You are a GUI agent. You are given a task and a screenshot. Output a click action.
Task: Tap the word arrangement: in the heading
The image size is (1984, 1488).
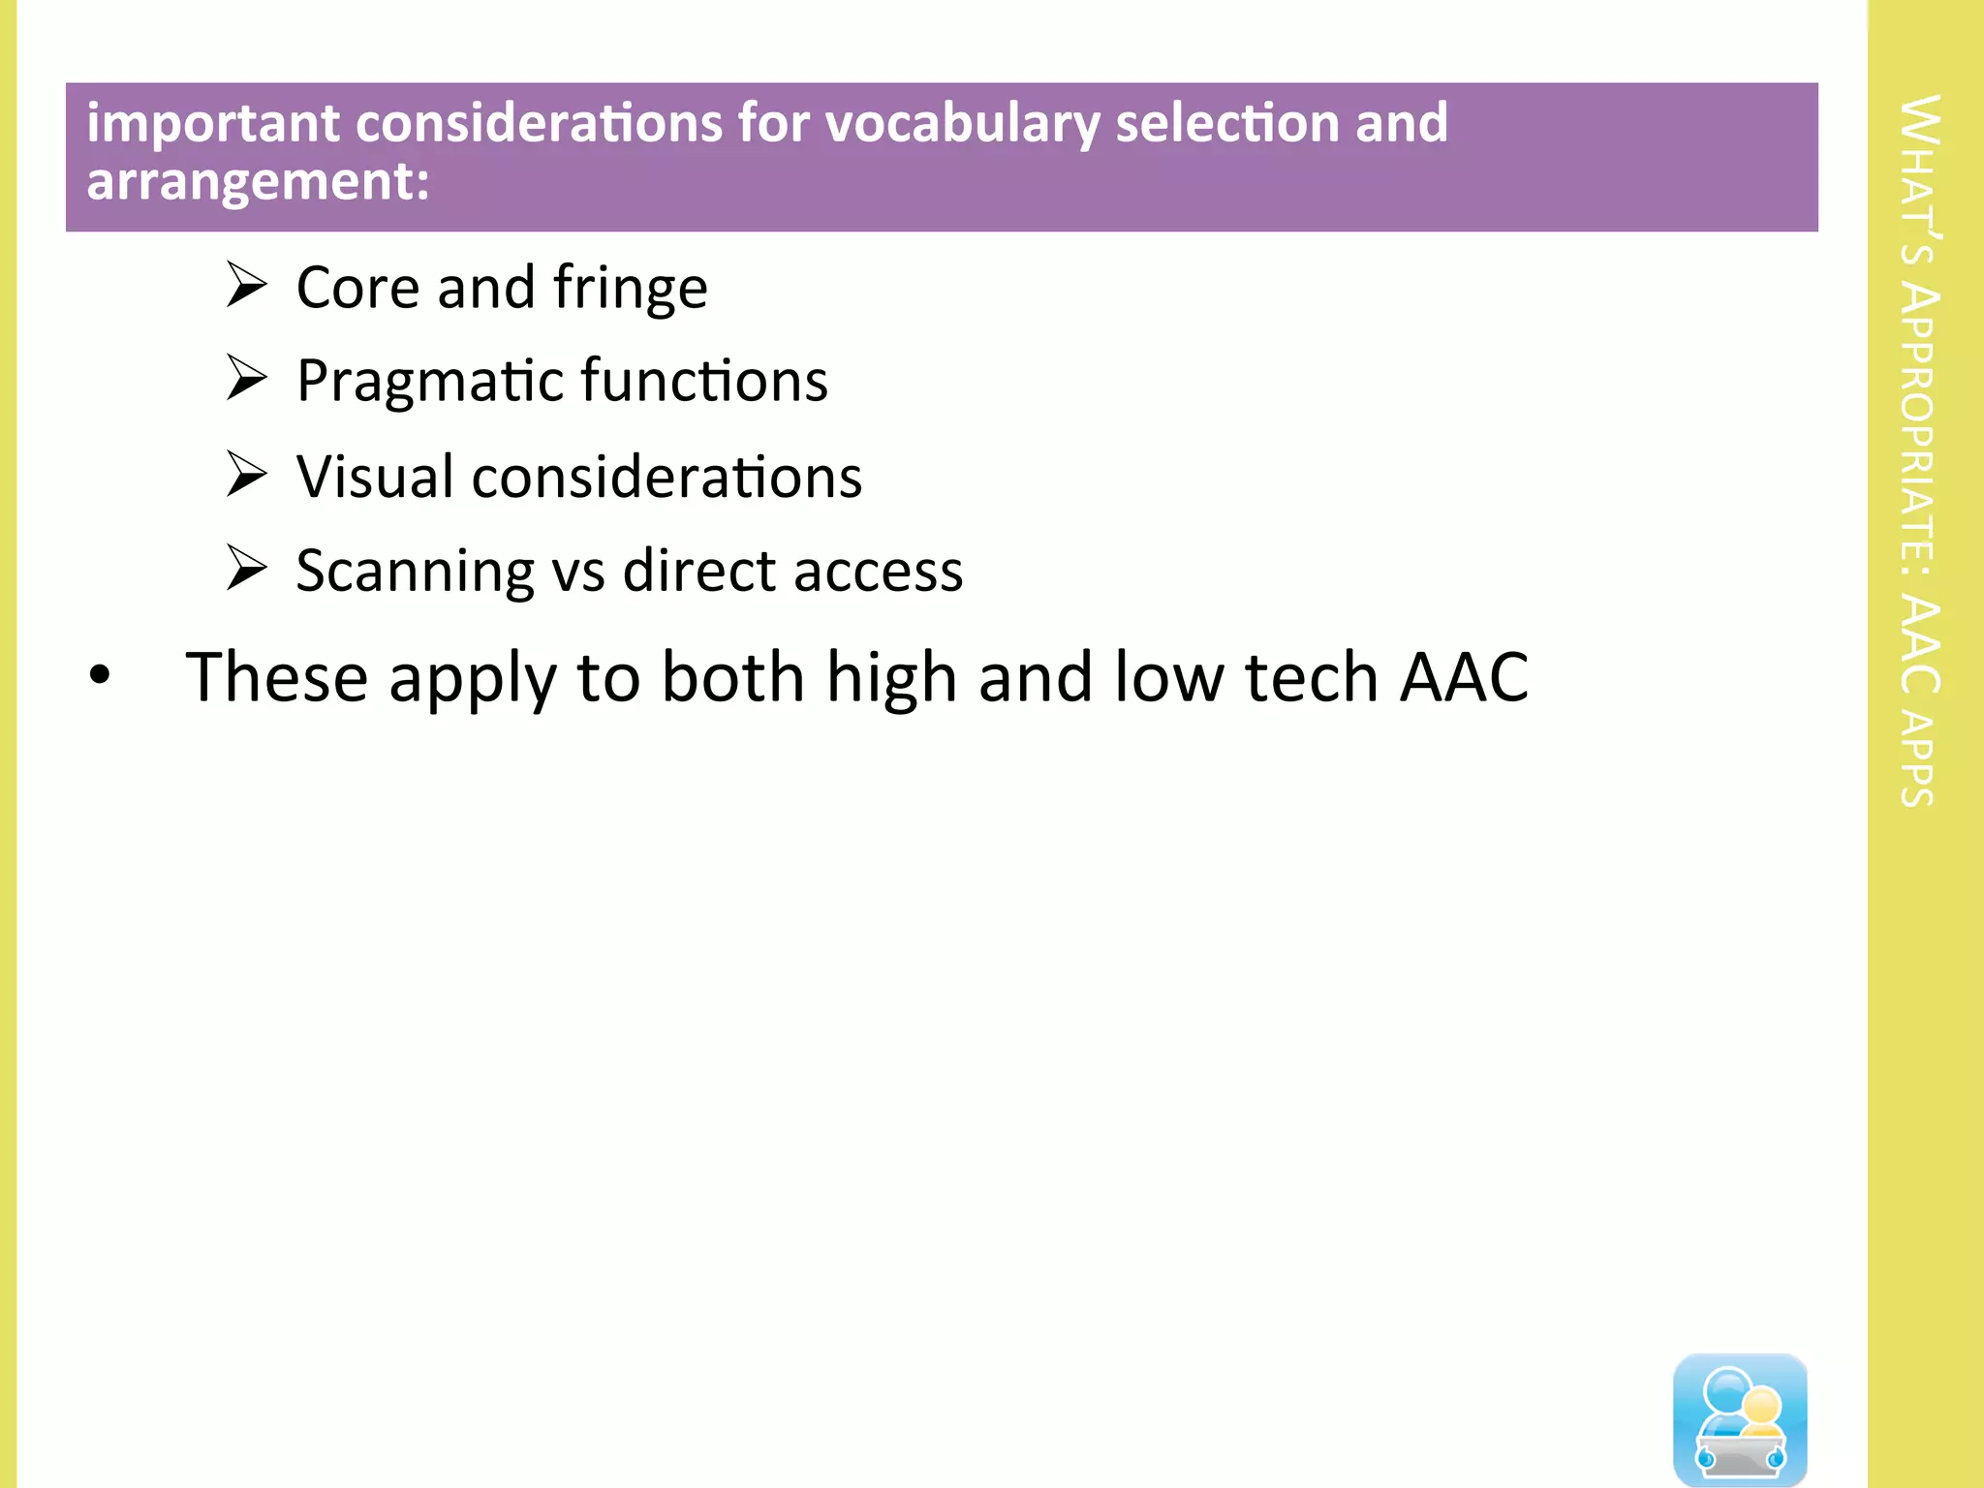(258, 181)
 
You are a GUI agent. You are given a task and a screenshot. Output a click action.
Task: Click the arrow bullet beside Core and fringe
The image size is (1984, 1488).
(246, 285)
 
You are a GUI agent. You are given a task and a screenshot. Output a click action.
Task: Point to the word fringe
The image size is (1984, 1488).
(630, 289)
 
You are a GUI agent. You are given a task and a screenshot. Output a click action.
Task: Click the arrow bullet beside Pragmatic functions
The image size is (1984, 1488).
(246, 378)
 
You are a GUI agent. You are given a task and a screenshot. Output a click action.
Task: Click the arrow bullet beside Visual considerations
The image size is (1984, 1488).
(246, 474)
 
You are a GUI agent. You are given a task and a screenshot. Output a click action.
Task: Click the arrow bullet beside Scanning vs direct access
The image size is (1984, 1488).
(246, 568)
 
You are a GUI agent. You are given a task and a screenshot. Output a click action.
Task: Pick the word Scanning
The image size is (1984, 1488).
(415, 572)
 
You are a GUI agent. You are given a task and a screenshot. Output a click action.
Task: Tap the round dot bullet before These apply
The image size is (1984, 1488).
(100, 675)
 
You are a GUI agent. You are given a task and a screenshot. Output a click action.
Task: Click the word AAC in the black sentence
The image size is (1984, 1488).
(1464, 676)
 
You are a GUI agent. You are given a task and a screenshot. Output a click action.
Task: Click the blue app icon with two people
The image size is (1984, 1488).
(1740, 1418)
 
